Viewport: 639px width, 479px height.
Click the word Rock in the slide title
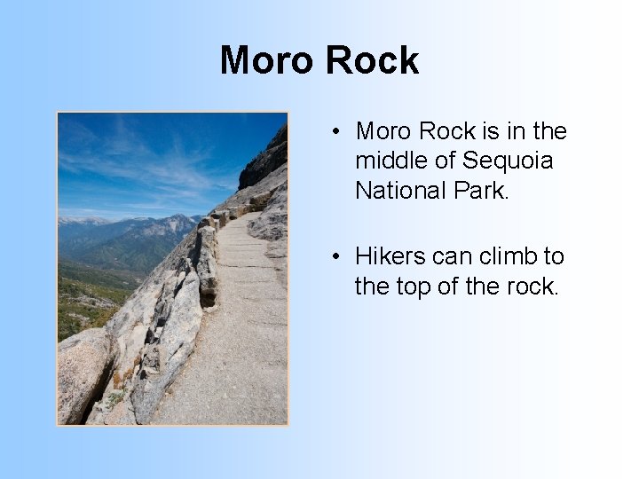pos(372,60)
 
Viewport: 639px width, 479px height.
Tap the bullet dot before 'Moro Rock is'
pos(338,132)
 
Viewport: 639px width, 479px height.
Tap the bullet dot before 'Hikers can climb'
pos(338,257)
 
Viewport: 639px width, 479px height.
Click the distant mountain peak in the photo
pos(177,220)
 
